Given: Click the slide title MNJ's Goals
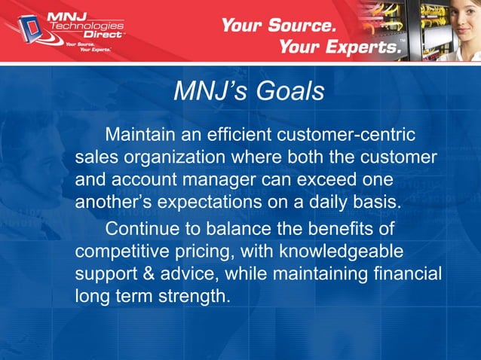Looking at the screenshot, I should click(x=249, y=91).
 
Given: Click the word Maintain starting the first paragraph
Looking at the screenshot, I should click(x=139, y=136).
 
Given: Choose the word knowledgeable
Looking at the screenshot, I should click(x=340, y=250).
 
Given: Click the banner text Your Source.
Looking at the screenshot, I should click(x=277, y=25).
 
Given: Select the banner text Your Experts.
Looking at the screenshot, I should click(x=339, y=47).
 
